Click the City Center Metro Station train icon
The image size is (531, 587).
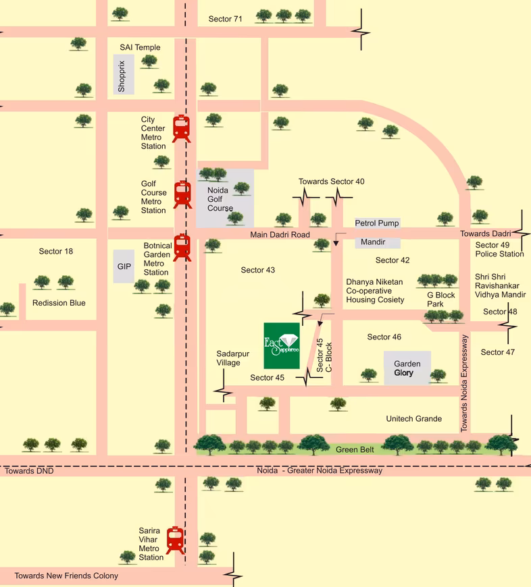coord(181,128)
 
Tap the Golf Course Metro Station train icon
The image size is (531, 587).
coord(182,195)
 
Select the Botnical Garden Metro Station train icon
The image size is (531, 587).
coord(182,248)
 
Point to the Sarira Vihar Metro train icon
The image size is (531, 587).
coord(176,540)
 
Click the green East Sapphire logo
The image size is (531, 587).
coord(282,345)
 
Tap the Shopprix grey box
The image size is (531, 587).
coord(124,74)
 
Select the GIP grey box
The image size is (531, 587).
coord(124,266)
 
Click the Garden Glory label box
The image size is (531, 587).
coord(407,368)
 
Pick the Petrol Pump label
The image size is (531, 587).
coord(377,223)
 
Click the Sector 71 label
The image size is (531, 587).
coord(225,19)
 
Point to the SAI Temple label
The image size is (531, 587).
coord(140,47)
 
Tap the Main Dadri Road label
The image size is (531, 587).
coord(280,235)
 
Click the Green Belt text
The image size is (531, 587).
coord(355,449)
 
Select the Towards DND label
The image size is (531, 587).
coord(29,470)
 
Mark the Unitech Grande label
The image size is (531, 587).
coord(414,418)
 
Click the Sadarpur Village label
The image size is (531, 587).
coord(232,358)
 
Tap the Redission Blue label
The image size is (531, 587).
coord(59,302)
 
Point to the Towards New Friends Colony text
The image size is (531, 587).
coord(66,576)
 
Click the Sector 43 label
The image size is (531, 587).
coord(258,270)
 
